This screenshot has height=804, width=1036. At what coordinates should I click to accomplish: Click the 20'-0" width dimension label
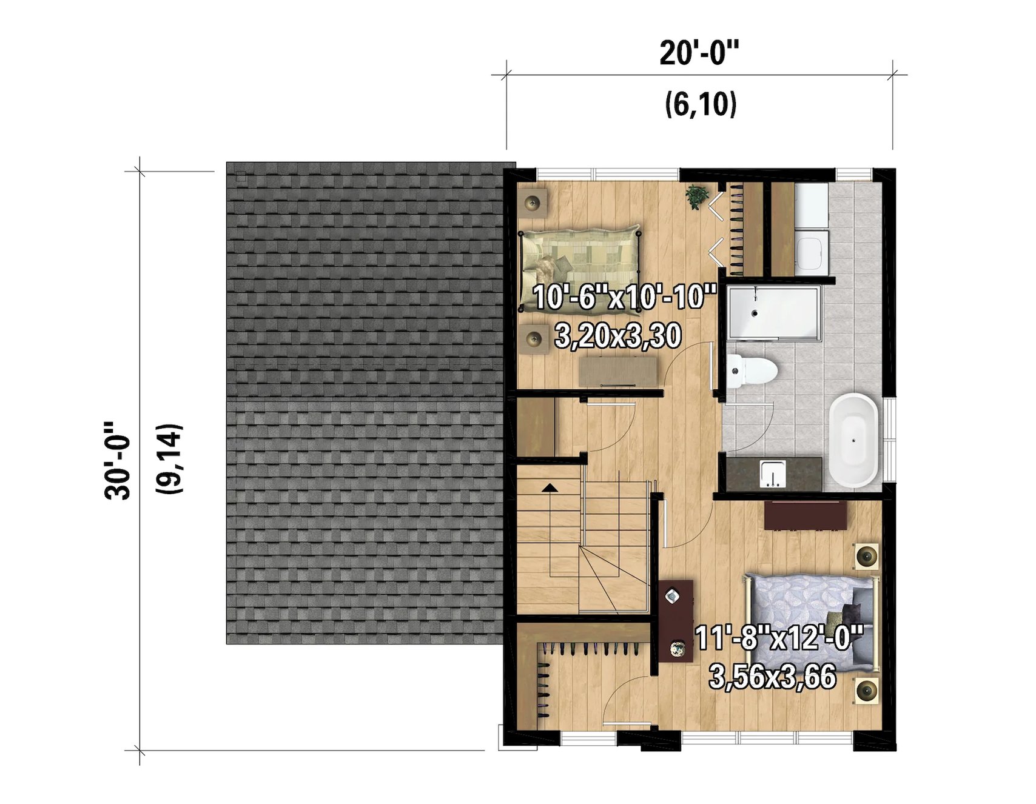pyautogui.click(x=699, y=53)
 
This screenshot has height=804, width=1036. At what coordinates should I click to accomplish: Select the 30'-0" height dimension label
pyautogui.click(x=118, y=461)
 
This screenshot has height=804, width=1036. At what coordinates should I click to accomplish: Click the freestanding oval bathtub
pyautogui.click(x=853, y=440)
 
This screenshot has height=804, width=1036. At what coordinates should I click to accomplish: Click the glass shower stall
pyautogui.click(x=773, y=312)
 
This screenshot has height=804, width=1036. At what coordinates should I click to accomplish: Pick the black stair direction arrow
pyautogui.click(x=550, y=487)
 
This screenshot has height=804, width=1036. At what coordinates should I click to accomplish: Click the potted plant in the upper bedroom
pyautogui.click(x=697, y=196)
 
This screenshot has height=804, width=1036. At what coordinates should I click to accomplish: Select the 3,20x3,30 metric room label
pyautogui.click(x=618, y=336)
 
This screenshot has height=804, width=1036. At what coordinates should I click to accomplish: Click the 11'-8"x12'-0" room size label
pyautogui.click(x=779, y=638)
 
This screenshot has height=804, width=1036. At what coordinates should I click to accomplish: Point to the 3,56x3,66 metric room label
pyautogui.click(x=772, y=676)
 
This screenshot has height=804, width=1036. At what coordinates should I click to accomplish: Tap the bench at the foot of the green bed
pyautogui.click(x=618, y=372)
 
